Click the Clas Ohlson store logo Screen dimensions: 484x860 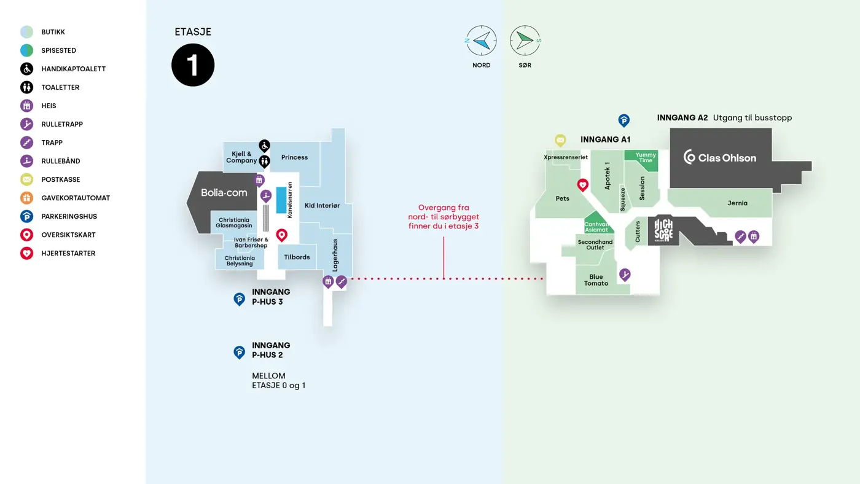click(719, 157)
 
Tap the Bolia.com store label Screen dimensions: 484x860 click(224, 193)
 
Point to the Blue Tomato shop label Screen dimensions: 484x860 click(596, 280)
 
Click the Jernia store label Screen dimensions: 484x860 click(737, 203)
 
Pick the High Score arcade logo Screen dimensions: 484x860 click(663, 230)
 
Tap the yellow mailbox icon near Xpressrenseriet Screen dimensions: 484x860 click(560, 140)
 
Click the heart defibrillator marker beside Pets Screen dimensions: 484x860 click(582, 184)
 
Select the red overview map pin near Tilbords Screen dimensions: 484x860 click(282, 235)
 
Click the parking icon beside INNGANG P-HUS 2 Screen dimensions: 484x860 click(240, 351)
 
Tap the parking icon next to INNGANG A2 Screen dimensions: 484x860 click(623, 120)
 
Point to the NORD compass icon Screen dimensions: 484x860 click(482, 41)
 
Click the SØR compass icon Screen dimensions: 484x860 click(525, 41)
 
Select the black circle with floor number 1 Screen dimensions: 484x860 click(193, 65)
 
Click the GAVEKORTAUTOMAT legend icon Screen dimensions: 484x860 click(26, 198)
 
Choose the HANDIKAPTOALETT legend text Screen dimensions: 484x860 click(74, 69)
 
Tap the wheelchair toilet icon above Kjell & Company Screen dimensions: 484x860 click(264, 146)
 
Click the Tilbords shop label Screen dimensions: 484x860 click(297, 257)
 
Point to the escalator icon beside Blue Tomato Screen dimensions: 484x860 click(625, 274)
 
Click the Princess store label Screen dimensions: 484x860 click(294, 157)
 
